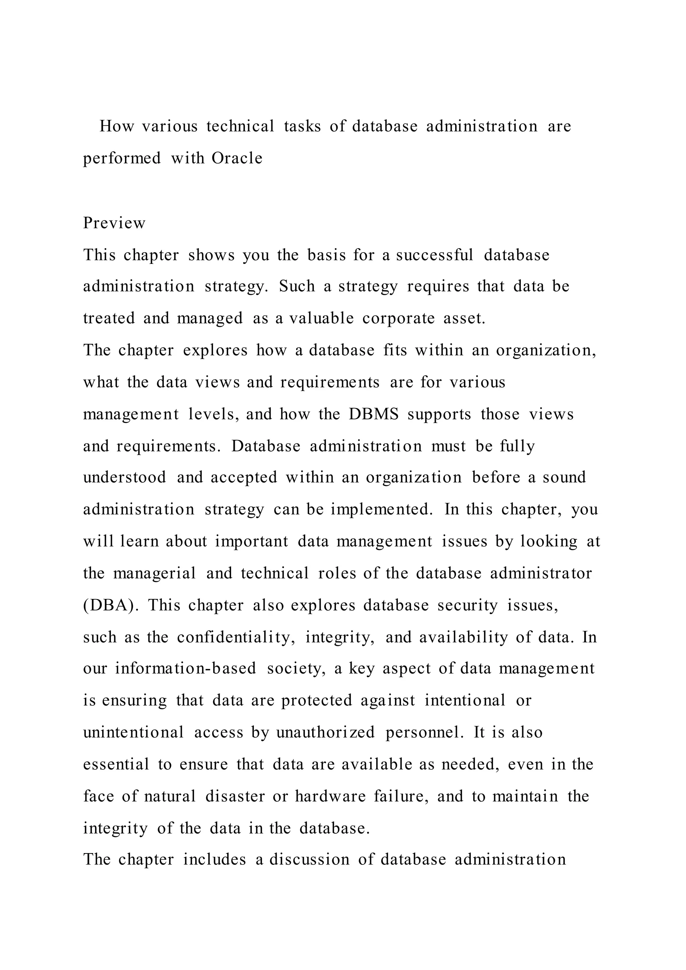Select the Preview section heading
point(114,223)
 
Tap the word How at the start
point(117,126)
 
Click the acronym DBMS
point(374,414)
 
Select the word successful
point(435,255)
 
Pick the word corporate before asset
point(398,318)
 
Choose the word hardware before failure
point(330,796)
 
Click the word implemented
point(382,509)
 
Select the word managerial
point(155,573)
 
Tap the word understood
point(125,477)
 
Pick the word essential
point(116,764)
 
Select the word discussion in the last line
point(310,860)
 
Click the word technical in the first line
point(241,126)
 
